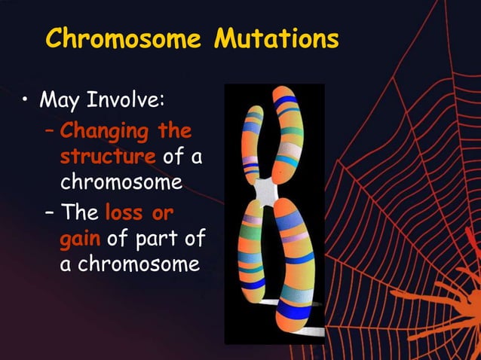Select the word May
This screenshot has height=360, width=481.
pos(60,100)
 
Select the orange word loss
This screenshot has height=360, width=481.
pos(127,212)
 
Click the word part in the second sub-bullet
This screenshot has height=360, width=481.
pos(160,239)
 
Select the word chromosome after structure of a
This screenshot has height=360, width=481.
pos(121,183)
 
